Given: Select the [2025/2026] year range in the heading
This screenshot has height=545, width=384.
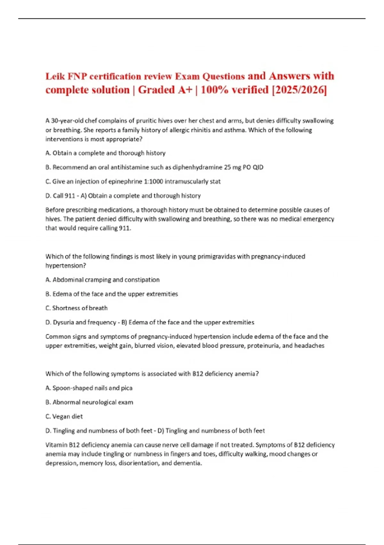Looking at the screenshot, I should click(299, 90).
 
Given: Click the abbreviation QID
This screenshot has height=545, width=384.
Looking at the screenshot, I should click(258, 167).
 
